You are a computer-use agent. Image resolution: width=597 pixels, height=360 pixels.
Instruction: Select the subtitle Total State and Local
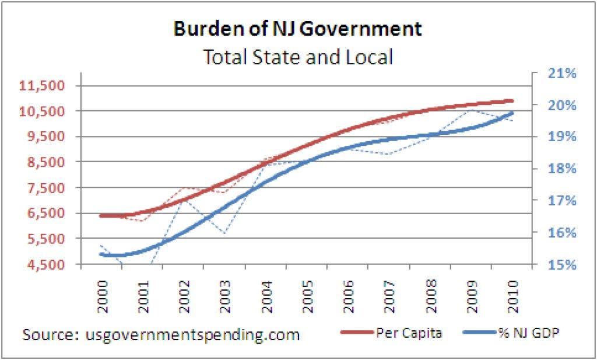pos(297,57)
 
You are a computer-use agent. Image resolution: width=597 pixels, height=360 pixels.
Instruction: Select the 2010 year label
pos(512,288)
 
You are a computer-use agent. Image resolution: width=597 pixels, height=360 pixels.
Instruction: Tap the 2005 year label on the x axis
pos(307,288)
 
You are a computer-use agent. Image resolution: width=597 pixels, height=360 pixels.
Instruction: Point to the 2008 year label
pos(430,288)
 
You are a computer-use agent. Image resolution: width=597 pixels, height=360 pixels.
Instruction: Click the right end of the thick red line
pos(512,101)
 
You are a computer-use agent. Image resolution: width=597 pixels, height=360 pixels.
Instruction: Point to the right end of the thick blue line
pos(512,113)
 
